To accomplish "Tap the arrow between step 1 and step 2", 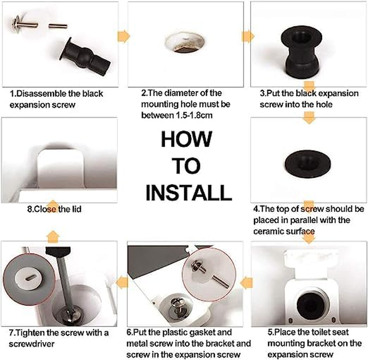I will pyautogui.click(x=124, y=36).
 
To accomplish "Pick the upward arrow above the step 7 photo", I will pyautogui.click(x=54, y=234).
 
